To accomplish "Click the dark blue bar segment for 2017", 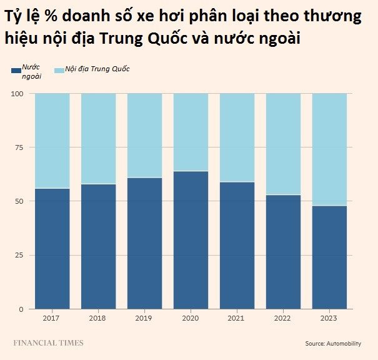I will [x=52, y=248].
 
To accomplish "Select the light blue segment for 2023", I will [x=329, y=149].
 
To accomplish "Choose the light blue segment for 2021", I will [x=237, y=137].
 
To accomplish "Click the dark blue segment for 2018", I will [x=98, y=246].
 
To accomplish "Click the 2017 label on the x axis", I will [x=52, y=318].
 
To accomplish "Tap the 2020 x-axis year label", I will [x=191, y=318].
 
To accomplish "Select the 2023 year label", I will [x=329, y=318].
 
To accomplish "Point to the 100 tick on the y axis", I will [x=17, y=94].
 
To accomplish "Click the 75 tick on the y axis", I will [x=19, y=147].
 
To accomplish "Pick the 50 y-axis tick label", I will [x=19, y=201].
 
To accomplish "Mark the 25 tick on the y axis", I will [x=19, y=256].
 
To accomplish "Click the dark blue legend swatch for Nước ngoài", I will [x=16, y=71].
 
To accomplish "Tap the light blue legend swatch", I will [x=59, y=71].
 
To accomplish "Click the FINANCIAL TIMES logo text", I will [x=49, y=342].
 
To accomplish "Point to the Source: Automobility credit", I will [x=332, y=344].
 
